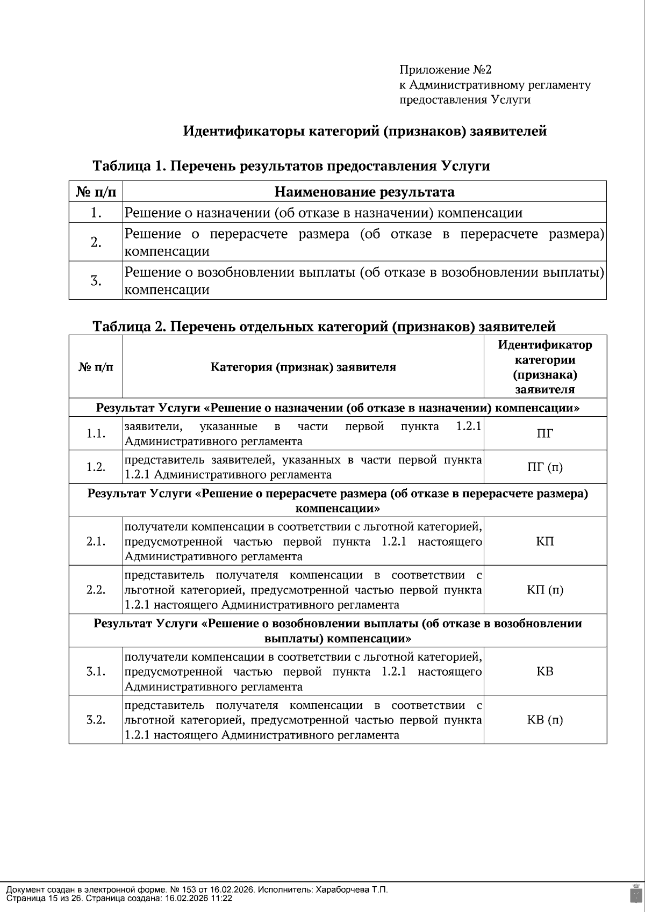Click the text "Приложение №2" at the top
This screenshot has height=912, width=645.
click(445, 70)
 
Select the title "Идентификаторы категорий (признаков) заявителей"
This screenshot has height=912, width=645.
click(365, 131)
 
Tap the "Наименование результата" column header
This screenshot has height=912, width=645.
click(364, 192)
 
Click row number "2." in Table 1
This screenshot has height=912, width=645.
click(96, 242)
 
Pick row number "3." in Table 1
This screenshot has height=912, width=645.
click(96, 280)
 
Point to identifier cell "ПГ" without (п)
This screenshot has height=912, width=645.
click(545, 433)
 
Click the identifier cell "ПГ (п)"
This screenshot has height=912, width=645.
click(545, 467)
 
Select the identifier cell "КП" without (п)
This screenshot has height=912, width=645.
click(545, 541)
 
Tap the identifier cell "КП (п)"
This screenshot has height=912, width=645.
click(545, 590)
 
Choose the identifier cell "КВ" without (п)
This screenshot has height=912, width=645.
click(545, 671)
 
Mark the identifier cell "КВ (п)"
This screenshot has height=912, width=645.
click(545, 720)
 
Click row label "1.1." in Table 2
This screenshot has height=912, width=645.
click(96, 433)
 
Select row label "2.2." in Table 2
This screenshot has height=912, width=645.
click(96, 590)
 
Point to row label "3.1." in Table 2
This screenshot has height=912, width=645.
click(96, 671)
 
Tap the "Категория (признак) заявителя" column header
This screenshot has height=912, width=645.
click(303, 367)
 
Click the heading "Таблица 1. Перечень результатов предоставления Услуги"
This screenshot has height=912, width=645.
click(291, 165)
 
